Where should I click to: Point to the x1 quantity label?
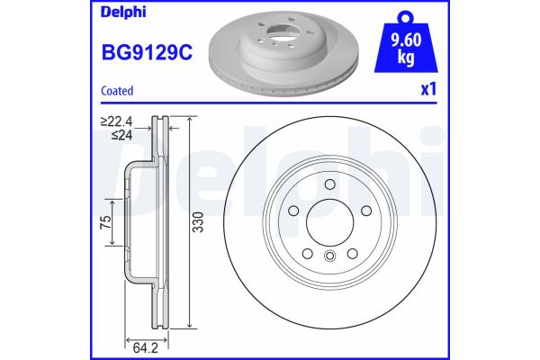pyautogui.click(x=428, y=91)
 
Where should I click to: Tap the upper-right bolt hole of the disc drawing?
pyautogui.click(x=364, y=210)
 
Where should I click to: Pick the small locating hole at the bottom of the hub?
pyautogui.click(x=329, y=259)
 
